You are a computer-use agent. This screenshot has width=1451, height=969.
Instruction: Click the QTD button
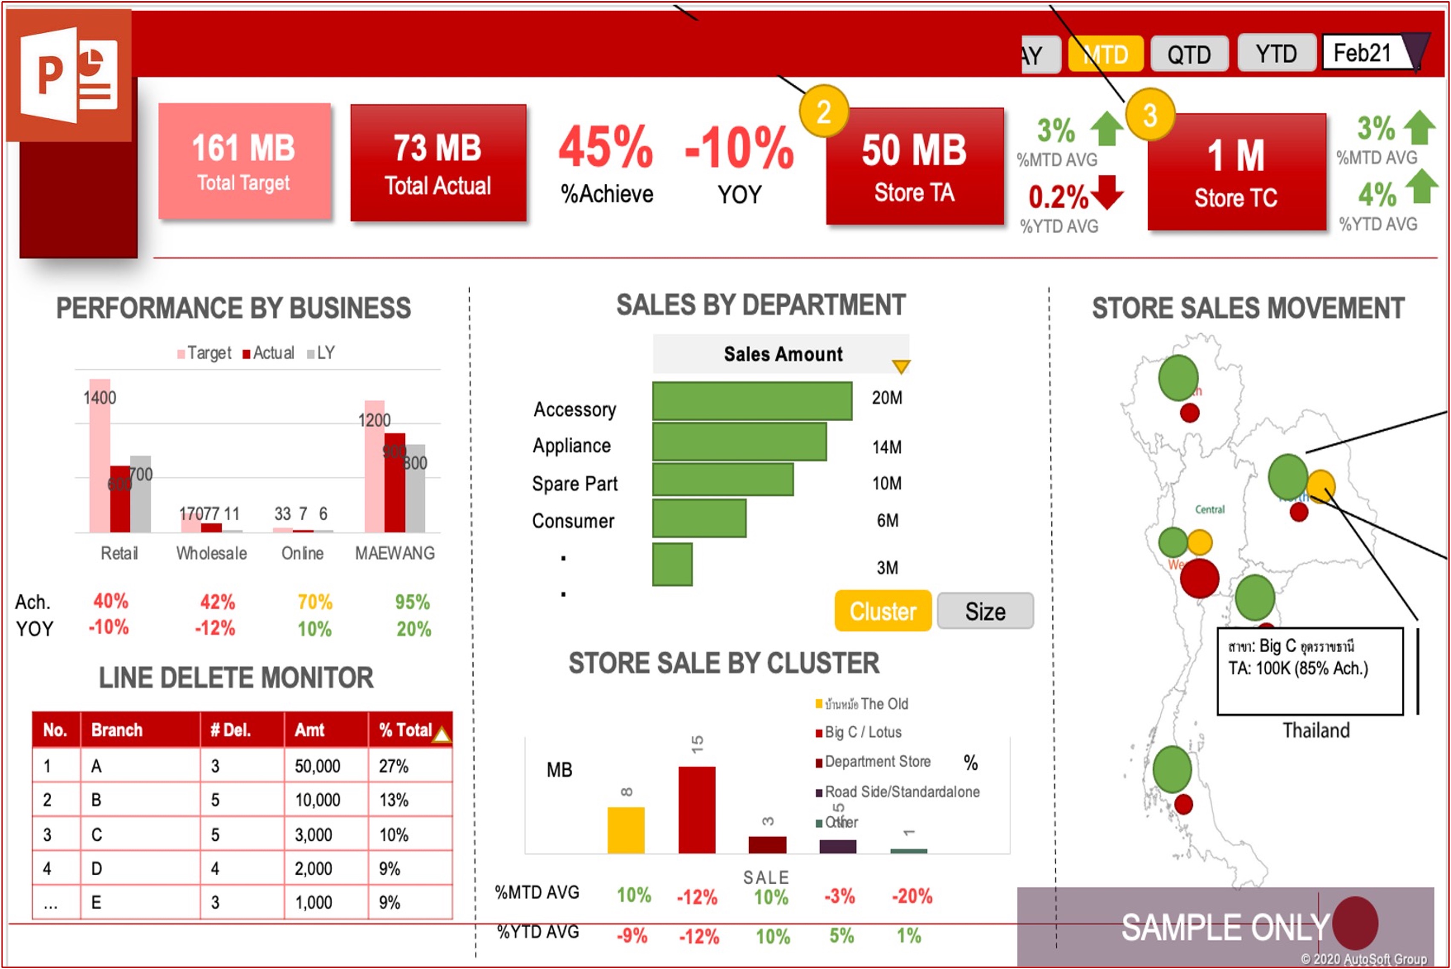(1189, 55)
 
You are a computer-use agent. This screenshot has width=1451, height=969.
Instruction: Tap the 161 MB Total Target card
(244, 161)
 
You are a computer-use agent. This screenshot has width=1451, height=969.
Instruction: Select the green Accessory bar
(752, 400)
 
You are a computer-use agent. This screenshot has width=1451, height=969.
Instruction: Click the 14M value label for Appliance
(886, 447)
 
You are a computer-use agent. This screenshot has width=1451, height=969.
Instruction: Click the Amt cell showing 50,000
(317, 767)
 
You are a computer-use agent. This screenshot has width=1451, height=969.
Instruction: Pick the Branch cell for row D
(97, 869)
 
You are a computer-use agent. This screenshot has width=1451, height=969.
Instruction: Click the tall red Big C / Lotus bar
(697, 810)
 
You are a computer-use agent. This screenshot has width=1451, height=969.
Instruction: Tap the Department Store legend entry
(877, 762)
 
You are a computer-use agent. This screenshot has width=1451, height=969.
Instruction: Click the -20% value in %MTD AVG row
(912, 896)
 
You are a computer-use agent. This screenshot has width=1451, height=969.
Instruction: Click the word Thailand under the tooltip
(1316, 730)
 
